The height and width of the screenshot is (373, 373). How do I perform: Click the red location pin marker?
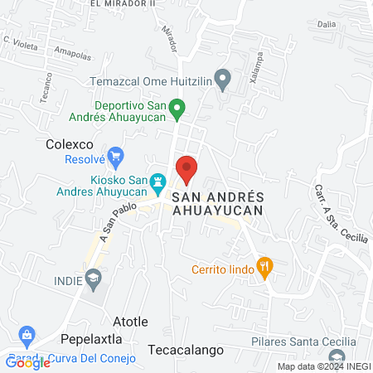(x=187, y=168)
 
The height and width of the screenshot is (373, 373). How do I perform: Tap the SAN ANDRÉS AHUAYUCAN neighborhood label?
(x=218, y=203)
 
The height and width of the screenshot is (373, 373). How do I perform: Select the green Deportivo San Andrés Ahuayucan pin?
(x=177, y=107)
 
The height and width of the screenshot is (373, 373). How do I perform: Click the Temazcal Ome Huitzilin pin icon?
(x=222, y=80)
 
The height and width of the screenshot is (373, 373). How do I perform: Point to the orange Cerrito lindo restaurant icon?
(x=265, y=266)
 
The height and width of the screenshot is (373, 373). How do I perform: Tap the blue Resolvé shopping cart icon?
(x=116, y=155)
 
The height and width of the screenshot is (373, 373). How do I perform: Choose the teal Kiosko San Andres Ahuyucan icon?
(x=157, y=180)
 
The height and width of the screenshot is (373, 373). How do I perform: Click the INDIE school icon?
(x=94, y=280)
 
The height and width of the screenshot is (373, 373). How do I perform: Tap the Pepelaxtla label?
(x=91, y=339)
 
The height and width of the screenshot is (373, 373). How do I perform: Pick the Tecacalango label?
(x=186, y=350)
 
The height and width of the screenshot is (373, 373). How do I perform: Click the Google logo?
(x=27, y=362)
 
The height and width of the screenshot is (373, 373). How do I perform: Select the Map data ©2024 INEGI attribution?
(x=322, y=366)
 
